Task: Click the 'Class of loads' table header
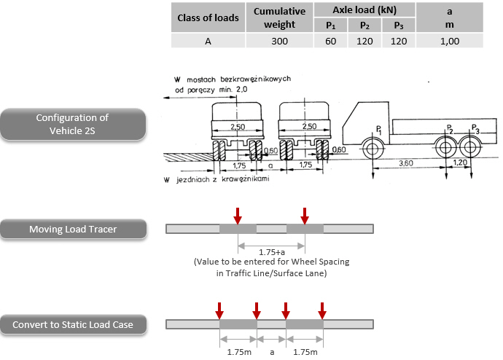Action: tap(211, 17)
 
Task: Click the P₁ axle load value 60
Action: tap(330, 41)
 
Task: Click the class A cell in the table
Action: tap(211, 41)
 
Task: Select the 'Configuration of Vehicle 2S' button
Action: tap(71, 125)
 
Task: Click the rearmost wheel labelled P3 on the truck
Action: tap(469, 148)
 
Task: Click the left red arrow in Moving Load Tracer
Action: tap(237, 215)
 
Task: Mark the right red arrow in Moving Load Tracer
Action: tap(305, 215)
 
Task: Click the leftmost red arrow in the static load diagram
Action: tap(219, 310)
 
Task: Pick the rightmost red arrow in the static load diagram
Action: tap(322, 310)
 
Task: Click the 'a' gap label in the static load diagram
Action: tap(272, 352)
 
